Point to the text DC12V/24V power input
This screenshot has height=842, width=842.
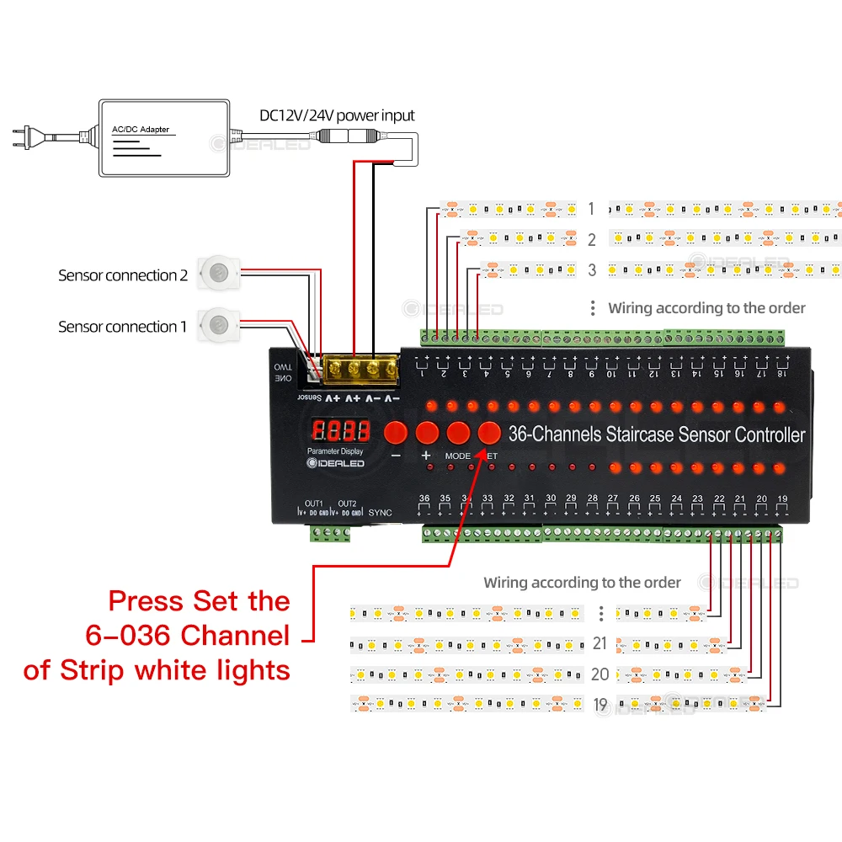point(336,115)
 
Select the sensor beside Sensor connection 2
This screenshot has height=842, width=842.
point(220,271)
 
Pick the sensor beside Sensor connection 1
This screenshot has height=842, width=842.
point(220,322)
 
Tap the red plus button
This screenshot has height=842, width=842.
point(427,433)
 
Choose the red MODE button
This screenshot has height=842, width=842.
point(458,433)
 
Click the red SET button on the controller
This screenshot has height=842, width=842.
point(489,432)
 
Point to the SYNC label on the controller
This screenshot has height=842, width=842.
point(381,512)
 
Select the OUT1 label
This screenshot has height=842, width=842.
point(314,504)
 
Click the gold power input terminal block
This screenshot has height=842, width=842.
point(362,368)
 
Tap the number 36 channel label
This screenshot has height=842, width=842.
point(424,498)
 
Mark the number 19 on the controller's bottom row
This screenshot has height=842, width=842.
point(783,499)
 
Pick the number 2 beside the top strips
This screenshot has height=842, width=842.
point(592,240)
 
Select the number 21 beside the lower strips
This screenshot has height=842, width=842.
point(600,643)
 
